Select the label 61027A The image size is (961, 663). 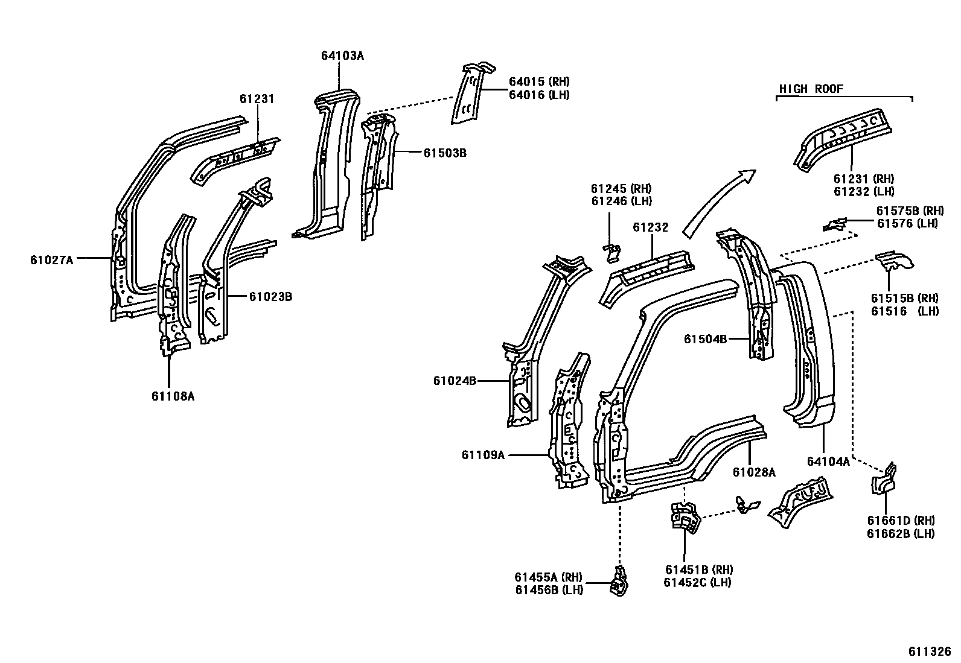(x=51, y=260)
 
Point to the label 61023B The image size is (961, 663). (x=271, y=297)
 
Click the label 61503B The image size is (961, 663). (x=444, y=153)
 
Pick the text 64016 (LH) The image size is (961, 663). (x=538, y=95)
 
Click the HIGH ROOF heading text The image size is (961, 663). (x=811, y=89)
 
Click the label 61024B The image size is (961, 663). (x=455, y=381)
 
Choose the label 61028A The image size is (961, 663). (x=754, y=472)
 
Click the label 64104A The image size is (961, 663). (x=828, y=462)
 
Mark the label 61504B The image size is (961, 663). (x=705, y=339)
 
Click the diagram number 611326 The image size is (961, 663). (x=930, y=652)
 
